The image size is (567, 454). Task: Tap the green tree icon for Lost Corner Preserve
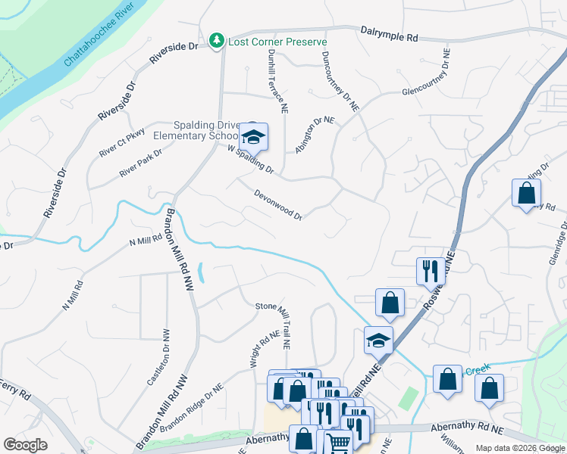point(217,39)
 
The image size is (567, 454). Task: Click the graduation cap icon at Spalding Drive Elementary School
point(253,137)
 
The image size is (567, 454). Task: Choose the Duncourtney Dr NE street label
point(339,82)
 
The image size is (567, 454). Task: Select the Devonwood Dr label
point(279,204)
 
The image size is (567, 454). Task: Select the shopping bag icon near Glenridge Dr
point(526,194)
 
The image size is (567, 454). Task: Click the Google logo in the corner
point(25,444)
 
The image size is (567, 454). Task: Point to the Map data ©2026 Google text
point(519,448)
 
